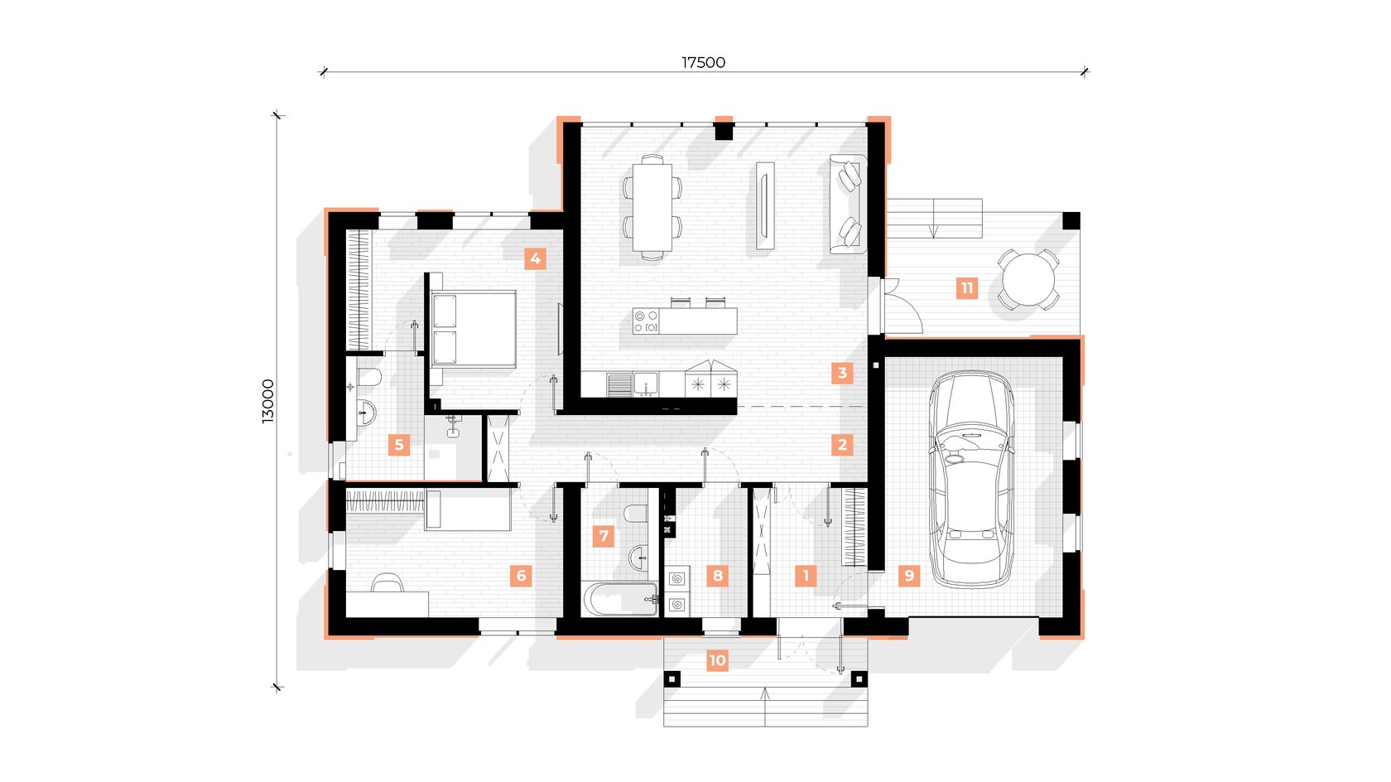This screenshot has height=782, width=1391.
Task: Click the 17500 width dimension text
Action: [703, 63]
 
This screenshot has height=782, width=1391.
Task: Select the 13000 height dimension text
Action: [267, 401]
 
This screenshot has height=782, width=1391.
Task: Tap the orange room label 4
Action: [535, 258]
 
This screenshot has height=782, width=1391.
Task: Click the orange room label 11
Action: [967, 288]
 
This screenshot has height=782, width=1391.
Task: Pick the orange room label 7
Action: [604, 535]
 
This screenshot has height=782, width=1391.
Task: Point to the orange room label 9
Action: [909, 576]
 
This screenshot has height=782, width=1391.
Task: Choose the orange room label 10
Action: [717, 659]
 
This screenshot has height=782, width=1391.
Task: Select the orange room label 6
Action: [521, 576]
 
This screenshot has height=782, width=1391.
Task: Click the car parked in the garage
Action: [971, 480]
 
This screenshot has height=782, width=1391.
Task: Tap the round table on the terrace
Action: [1029, 279]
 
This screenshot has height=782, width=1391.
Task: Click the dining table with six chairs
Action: [652, 207]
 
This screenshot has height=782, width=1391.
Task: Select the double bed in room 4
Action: [472, 329]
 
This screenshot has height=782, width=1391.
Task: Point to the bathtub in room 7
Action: [620, 599]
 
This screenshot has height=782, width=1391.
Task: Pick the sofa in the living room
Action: [848, 204]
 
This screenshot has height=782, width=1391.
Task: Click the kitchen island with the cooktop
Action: [685, 321]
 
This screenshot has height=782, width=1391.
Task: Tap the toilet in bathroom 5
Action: [369, 376]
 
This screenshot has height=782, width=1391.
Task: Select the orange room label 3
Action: [842, 373]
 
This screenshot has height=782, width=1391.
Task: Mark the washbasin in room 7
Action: [639, 558]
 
